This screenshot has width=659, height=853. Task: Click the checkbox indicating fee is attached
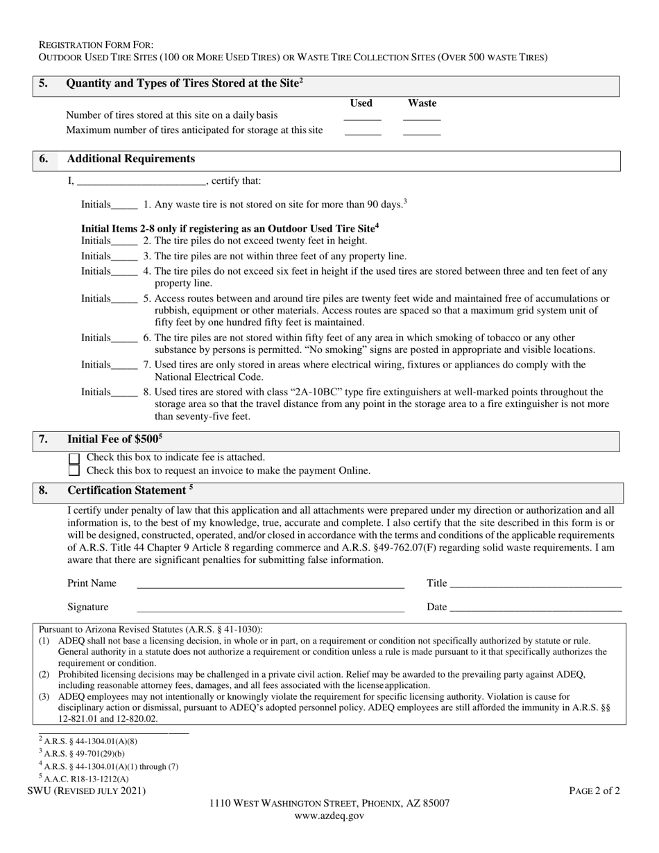[75, 458]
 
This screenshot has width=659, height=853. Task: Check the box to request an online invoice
[75, 471]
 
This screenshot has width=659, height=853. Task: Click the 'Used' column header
[361, 103]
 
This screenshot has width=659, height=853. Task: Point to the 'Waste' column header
[422, 103]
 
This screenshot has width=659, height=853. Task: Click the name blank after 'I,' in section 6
[142, 182]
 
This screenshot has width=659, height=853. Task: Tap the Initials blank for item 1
[124, 206]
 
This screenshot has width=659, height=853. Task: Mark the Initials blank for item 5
[124, 300]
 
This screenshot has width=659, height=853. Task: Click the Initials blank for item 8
[124, 394]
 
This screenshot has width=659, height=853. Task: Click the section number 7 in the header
[44, 439]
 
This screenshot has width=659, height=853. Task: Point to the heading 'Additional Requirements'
[130, 159]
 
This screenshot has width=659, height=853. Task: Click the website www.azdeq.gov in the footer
[329, 816]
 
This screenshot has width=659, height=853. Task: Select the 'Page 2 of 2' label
[594, 791]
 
